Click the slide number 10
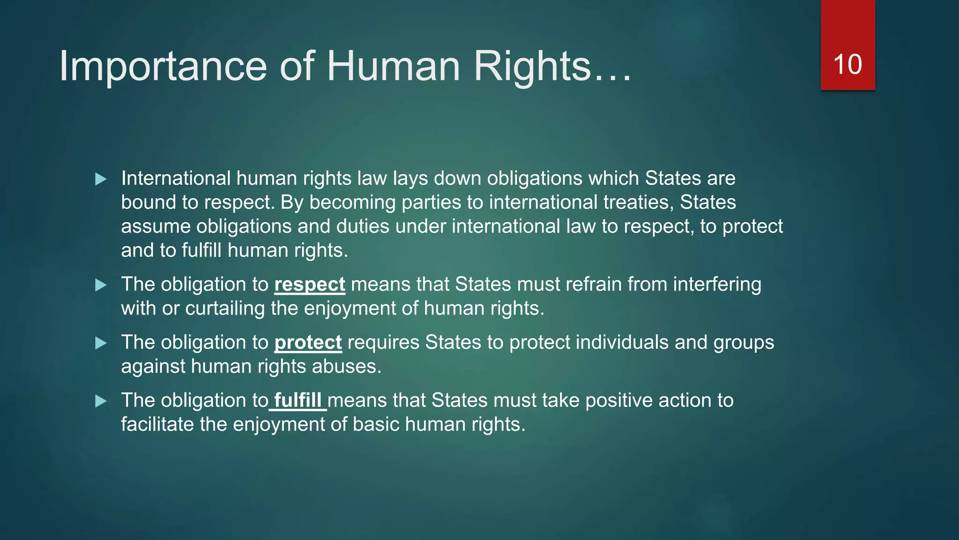click(x=848, y=65)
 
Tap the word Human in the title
click(x=393, y=67)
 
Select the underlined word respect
click(x=310, y=285)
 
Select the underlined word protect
click(x=308, y=343)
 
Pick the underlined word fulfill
click(x=297, y=401)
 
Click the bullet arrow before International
click(x=101, y=179)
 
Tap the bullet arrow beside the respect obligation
click(x=101, y=285)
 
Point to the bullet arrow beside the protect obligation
click(x=101, y=343)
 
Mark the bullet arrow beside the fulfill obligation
click(x=101, y=401)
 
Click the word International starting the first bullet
click(x=176, y=179)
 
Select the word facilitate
click(x=157, y=425)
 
